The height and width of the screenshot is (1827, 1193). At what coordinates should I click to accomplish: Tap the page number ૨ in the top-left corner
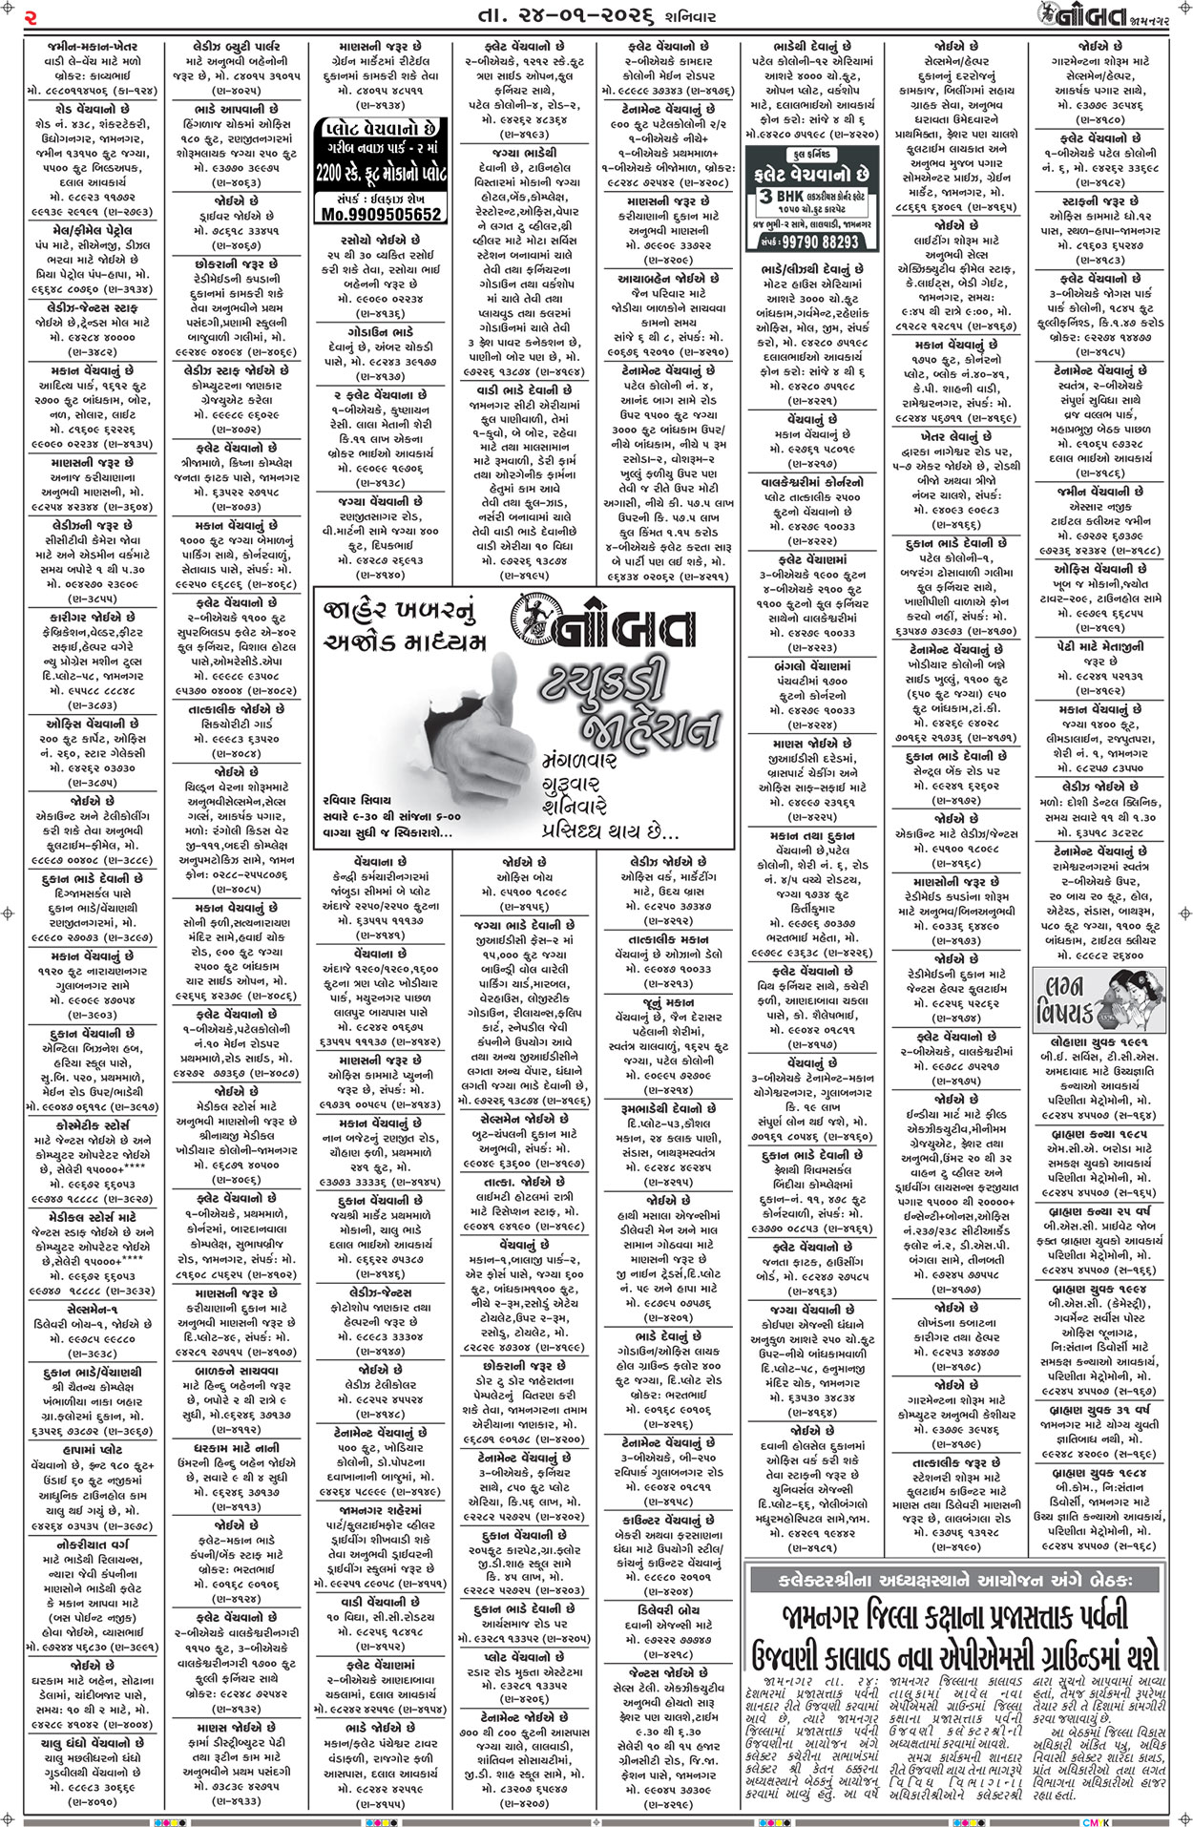[31, 16]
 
